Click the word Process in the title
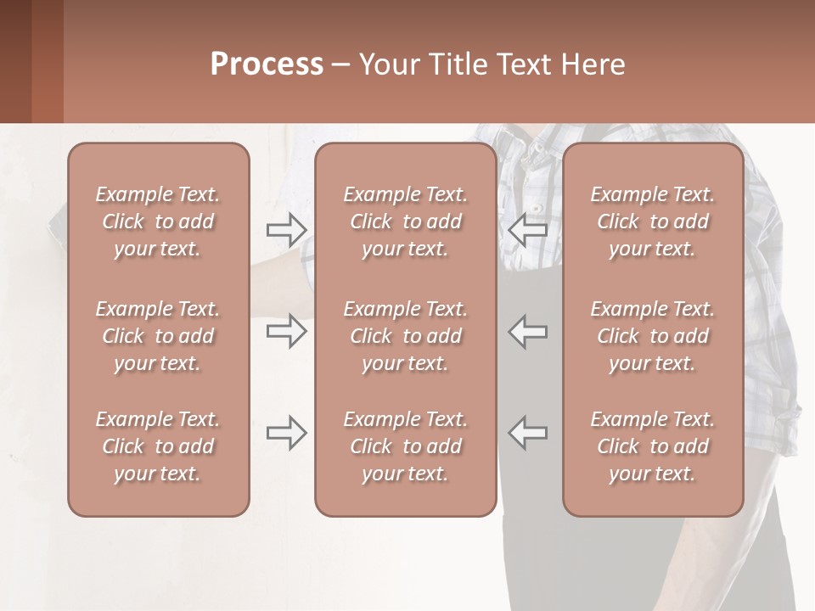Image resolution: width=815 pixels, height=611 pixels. (267, 64)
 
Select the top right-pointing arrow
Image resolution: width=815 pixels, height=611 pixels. (286, 229)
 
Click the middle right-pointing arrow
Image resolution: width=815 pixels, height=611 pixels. (286, 331)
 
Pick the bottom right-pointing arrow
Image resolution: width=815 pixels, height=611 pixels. (286, 433)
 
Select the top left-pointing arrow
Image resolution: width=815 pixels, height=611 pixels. (527, 229)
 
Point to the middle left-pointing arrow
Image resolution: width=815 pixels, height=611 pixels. (527, 331)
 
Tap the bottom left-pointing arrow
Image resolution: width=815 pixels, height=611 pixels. (527, 433)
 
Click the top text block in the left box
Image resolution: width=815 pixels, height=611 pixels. (158, 221)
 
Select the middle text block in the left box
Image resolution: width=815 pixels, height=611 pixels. (158, 336)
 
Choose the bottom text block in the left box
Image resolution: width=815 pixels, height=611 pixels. (158, 446)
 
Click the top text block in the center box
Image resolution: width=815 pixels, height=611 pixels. (405, 221)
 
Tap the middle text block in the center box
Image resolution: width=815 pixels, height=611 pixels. (405, 336)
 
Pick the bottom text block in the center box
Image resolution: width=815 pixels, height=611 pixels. (405, 446)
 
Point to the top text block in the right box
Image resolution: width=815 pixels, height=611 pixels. (652, 221)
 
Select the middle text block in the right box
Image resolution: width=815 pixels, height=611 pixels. (652, 336)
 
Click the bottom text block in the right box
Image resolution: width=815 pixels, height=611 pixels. (652, 446)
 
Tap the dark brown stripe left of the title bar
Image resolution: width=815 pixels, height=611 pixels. (15, 61)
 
